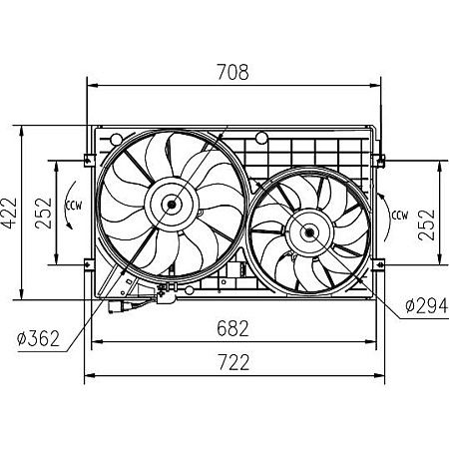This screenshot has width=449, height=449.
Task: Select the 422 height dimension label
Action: click(x=10, y=212)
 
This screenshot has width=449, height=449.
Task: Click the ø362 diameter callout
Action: click(x=37, y=338)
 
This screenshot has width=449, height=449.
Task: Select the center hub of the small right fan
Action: click(x=308, y=232)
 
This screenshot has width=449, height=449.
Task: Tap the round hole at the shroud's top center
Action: click(x=260, y=138)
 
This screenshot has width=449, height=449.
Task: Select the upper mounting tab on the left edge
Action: click(x=89, y=159)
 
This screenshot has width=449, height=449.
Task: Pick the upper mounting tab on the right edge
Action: click(x=379, y=159)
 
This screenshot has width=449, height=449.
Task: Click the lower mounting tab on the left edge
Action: click(x=89, y=264)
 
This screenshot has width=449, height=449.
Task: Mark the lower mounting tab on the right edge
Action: click(x=379, y=264)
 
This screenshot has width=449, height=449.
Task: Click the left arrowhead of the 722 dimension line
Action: click(x=88, y=375)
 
